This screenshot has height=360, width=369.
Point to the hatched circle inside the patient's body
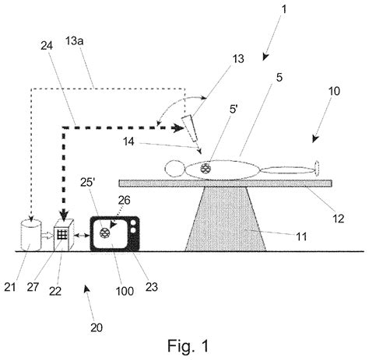(x=206, y=168)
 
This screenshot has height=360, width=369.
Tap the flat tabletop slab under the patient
(x=226, y=183)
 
